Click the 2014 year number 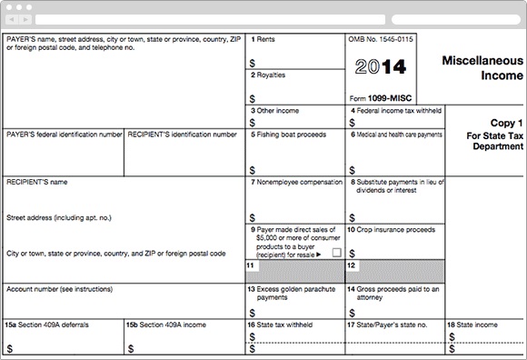[x=380, y=67]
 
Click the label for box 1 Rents [x=263, y=40]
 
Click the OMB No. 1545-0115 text [x=381, y=40]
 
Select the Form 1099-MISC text [x=381, y=96]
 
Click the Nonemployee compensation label [x=295, y=182]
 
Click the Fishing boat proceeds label [x=289, y=134]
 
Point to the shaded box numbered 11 [x=294, y=271]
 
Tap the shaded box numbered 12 [x=394, y=271]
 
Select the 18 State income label [x=472, y=324]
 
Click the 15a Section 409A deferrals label [x=48, y=324]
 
